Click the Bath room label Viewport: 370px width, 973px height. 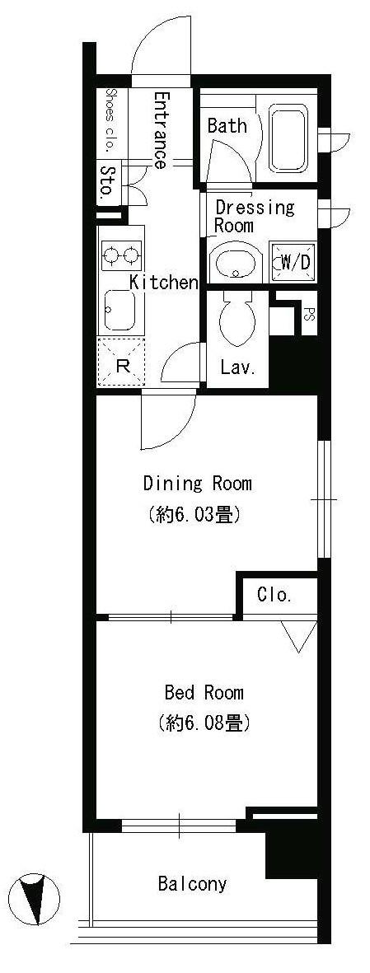[x=227, y=126]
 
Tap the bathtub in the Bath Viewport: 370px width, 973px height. [x=288, y=139]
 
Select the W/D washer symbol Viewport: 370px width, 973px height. [x=294, y=263]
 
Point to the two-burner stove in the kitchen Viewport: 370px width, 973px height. [x=121, y=255]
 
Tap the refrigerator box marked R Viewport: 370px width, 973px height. [x=122, y=363]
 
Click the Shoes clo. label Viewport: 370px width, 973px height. [x=110, y=121]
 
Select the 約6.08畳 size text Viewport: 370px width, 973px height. [x=204, y=723]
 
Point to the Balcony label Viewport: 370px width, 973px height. [x=192, y=883]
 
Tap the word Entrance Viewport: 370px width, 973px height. [x=161, y=130]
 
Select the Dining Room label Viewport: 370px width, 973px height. [x=198, y=483]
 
